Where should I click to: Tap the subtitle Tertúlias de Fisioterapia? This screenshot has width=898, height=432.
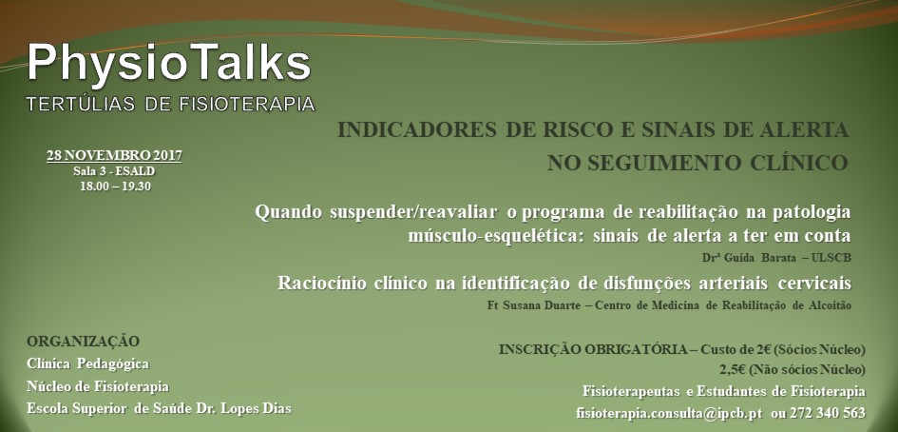pos(171,104)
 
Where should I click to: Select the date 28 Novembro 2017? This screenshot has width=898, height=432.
pos(115,155)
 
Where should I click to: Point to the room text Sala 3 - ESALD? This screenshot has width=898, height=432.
pos(115,171)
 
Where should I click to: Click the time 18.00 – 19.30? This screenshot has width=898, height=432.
pos(115,186)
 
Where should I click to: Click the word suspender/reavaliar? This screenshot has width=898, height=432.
pos(413,212)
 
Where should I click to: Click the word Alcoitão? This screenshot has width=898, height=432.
pos(829,305)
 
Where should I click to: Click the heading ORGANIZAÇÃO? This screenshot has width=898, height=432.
pos(83,342)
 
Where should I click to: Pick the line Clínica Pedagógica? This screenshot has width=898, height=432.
pos(87,363)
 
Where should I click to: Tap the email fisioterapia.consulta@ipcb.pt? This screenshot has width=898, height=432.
pos(669,413)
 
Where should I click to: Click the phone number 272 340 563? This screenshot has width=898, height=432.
pos(827,413)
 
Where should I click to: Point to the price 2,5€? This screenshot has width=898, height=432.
pos(732,369)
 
